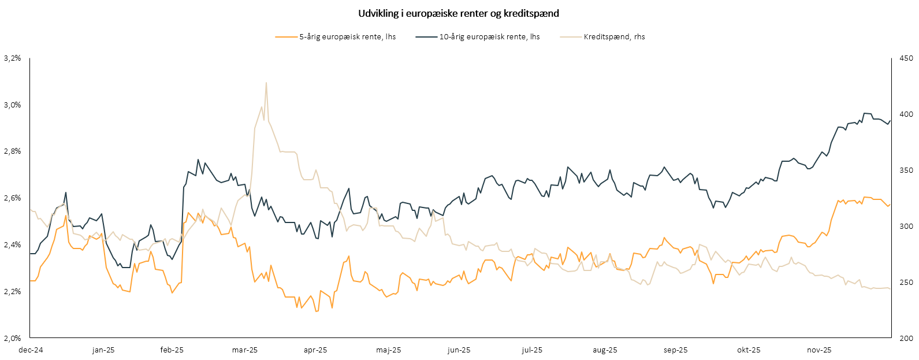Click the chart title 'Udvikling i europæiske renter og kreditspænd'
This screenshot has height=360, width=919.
pos(459,13)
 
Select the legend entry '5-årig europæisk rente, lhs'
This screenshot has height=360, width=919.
pos(347,36)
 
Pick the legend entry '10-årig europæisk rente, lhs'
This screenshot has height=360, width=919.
pos(489,36)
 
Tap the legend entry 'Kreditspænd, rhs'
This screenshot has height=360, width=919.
pos(614,36)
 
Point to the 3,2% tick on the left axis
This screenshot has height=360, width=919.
pos(12,58)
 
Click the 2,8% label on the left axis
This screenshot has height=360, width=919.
pos(12,151)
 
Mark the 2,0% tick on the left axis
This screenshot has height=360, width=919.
pos(12,338)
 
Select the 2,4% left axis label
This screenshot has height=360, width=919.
pos(12,244)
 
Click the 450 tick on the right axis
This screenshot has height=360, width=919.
pos(906,58)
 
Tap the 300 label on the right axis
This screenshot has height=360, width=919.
pos(906,226)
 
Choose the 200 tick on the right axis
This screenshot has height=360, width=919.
pos(906,338)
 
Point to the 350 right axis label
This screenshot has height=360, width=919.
pos(906,170)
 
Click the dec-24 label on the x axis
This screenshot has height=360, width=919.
pos(31,350)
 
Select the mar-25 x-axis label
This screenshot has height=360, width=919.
pos(245,350)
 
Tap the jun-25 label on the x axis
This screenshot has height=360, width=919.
pos(459,350)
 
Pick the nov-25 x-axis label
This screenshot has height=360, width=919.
pos(819,350)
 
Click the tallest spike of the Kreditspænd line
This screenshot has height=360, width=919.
pos(266,83)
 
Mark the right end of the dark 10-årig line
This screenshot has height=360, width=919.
pos(890,121)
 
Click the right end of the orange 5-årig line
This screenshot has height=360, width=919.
pos(890,204)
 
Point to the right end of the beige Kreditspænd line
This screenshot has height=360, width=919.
pos(890,288)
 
